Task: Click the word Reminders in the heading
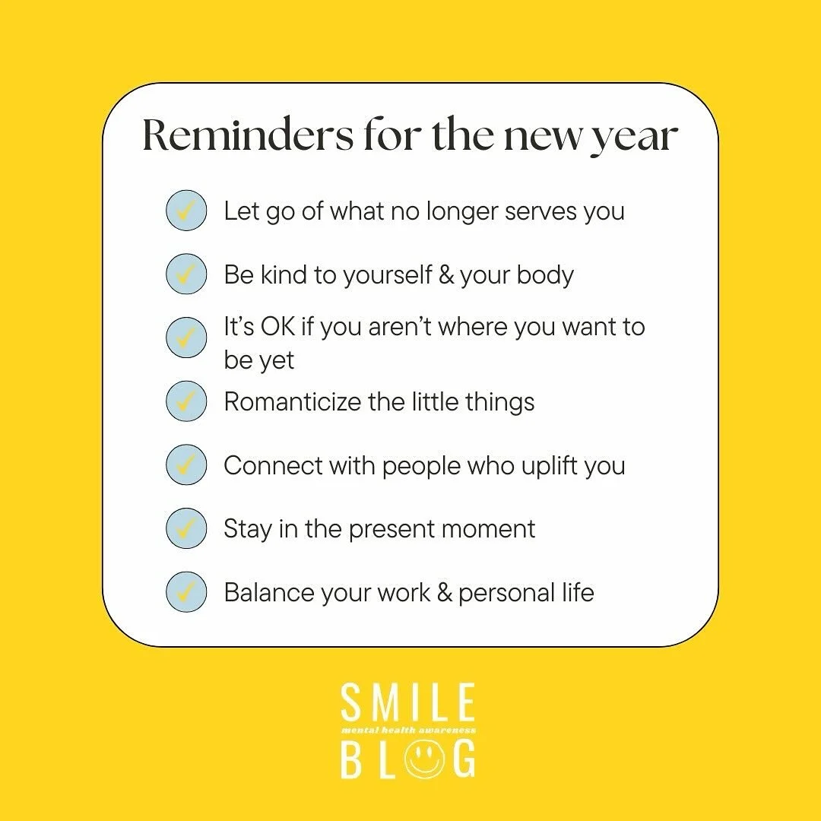coord(248,135)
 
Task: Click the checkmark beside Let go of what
coord(186,211)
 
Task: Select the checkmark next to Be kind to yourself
coord(186,274)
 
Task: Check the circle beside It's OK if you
coord(186,338)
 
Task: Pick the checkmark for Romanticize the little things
coord(186,401)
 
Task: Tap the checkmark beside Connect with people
coord(186,465)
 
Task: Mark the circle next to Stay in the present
coord(186,529)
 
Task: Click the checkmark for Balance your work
coord(186,592)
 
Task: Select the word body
coord(544,274)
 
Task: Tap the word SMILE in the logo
coord(407,703)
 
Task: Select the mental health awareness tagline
coord(407,731)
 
